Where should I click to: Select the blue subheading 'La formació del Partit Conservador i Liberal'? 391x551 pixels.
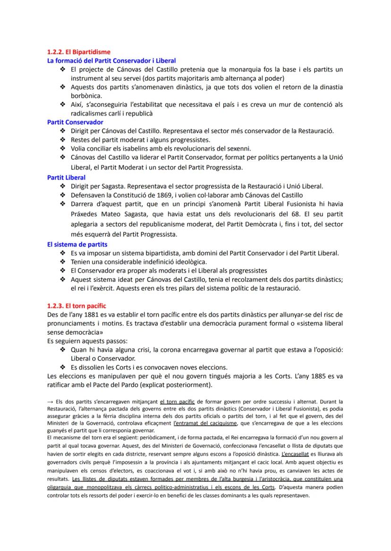pyautogui.click(x=111, y=61)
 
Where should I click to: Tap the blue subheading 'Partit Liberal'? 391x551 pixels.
pyautogui.click(x=67, y=178)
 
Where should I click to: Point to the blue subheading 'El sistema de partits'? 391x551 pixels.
pyautogui.click(x=77, y=245)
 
